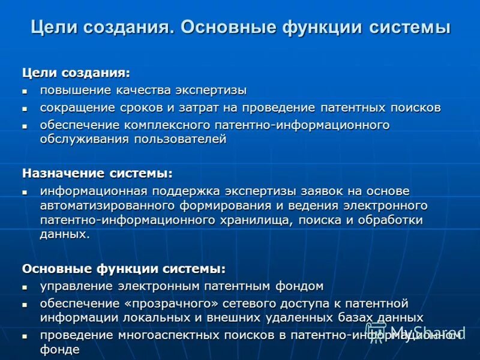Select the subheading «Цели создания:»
76,73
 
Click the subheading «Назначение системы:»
97,173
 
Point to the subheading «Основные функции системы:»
124,268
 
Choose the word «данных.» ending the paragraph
65,234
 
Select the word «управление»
73,286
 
